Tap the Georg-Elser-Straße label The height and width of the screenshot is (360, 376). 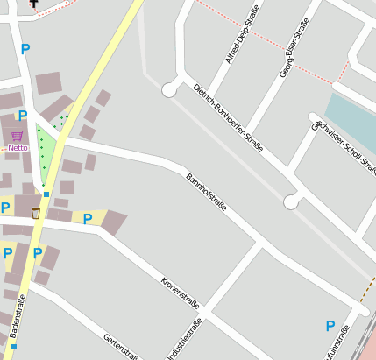coord(294,48)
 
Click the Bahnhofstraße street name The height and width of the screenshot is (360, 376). coord(206,194)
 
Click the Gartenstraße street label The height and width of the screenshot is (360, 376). coord(121,346)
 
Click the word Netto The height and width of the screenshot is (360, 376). coord(18,148)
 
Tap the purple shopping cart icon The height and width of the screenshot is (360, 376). coord(18,137)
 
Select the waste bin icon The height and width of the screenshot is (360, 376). coord(36,213)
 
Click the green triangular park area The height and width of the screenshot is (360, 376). coord(44,153)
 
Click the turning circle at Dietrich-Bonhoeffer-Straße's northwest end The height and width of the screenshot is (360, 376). coord(169,89)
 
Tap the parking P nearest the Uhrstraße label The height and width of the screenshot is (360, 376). coord(330,326)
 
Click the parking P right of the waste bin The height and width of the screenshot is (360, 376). coord(88,219)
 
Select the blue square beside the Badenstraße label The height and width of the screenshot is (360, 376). coord(14,347)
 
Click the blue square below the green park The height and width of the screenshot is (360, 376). coord(46,194)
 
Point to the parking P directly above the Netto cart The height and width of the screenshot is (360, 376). coord(23,115)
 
